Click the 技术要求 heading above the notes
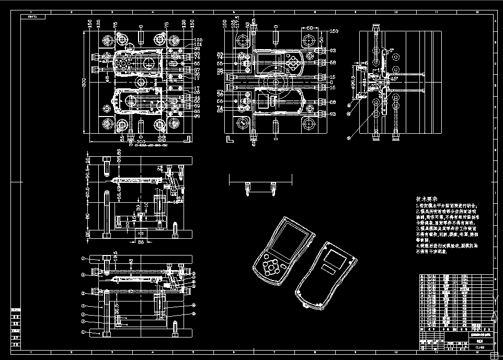tap(427, 200)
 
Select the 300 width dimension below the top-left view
tap(140, 142)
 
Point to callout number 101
tap(198, 44)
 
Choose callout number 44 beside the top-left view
tap(197, 98)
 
